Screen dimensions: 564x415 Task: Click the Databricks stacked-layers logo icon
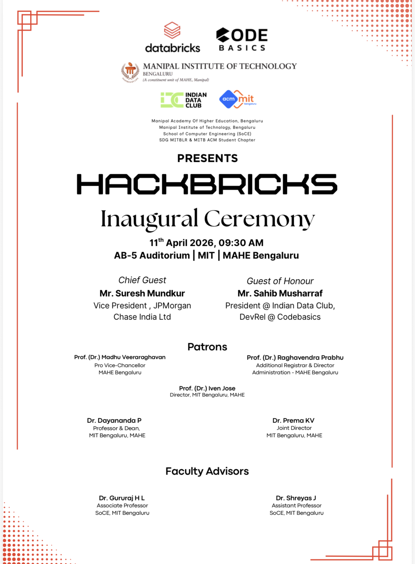click(x=172, y=30)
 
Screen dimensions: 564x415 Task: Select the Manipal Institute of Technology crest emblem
click(x=130, y=72)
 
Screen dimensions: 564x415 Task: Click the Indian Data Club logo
click(x=184, y=100)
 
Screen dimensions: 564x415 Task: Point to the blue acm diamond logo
click(x=228, y=99)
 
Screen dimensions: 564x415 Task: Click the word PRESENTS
click(x=207, y=158)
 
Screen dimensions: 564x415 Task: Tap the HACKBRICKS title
click(x=207, y=184)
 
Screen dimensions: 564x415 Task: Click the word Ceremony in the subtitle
click(x=259, y=219)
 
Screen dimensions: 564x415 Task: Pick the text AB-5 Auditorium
click(x=152, y=256)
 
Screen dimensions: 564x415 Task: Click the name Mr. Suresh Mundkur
click(x=142, y=293)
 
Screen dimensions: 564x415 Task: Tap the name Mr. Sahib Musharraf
click(x=280, y=293)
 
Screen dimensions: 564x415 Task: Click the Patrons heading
click(x=207, y=347)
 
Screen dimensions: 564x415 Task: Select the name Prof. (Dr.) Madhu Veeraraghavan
click(x=120, y=357)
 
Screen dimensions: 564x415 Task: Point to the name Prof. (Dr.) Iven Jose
click(x=207, y=388)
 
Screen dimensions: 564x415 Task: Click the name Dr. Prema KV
click(x=293, y=421)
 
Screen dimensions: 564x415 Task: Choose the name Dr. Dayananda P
click(x=114, y=421)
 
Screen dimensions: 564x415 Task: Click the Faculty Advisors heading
click(x=207, y=471)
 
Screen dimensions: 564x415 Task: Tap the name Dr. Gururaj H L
click(x=122, y=498)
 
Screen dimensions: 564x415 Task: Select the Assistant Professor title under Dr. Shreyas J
click(x=296, y=506)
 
